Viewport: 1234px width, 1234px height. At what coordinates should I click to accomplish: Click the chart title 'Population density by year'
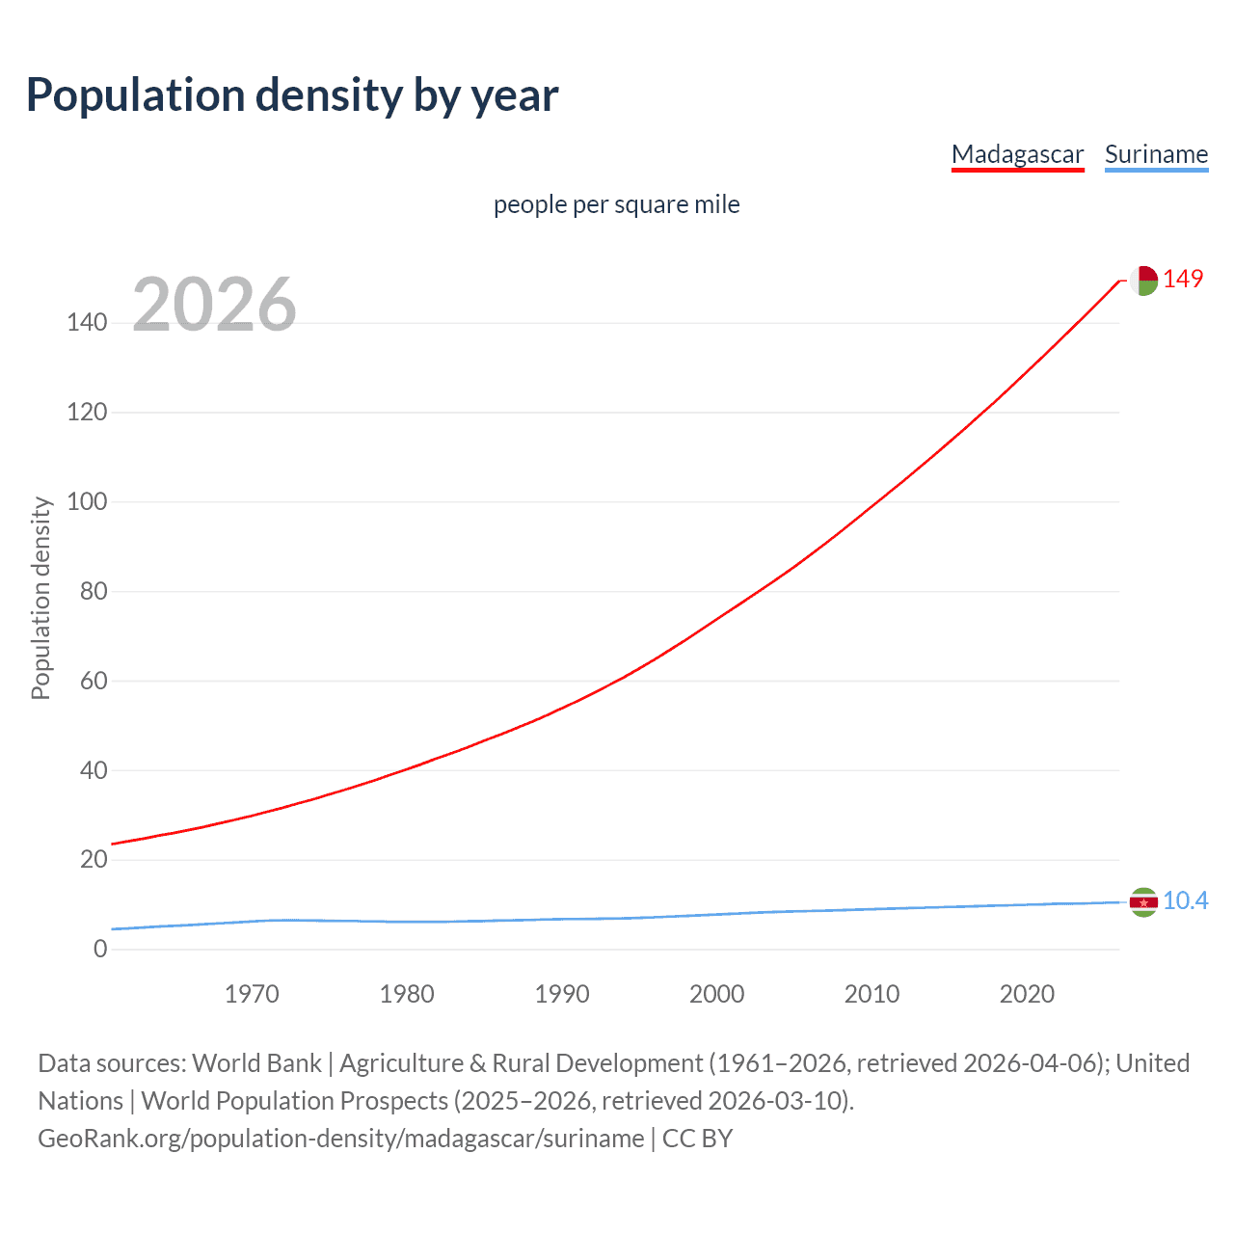pos(292,95)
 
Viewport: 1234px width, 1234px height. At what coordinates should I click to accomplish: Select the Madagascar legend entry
pos(1017,154)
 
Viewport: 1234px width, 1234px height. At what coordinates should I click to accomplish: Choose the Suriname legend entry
pos(1156,154)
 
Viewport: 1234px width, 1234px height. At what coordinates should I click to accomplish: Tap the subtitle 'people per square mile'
pos(616,204)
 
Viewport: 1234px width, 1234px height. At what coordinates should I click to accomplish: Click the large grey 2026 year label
pos(214,305)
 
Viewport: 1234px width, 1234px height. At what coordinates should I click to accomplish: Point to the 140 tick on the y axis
pos(87,322)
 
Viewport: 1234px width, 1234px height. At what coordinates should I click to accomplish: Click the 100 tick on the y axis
pos(87,501)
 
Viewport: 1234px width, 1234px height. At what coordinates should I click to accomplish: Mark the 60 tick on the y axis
pos(94,681)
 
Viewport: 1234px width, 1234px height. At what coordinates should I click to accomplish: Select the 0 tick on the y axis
pos(100,949)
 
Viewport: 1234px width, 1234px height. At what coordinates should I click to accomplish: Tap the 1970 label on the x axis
pos(252,994)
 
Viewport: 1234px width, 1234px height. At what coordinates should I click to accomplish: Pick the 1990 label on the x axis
pos(562,994)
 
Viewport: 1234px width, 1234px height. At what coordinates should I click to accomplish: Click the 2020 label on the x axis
pos(1027,994)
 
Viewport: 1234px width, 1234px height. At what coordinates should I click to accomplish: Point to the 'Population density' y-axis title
pos(40,598)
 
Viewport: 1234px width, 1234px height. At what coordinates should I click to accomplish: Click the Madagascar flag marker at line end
pos(1143,281)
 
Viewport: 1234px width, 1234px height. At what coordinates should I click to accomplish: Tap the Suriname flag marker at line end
pos(1143,902)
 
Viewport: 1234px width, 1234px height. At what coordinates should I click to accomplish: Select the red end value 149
pos(1183,279)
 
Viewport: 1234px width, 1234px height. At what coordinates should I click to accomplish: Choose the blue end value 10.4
pos(1185,900)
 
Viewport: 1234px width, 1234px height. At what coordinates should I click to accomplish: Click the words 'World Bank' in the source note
pos(256,1062)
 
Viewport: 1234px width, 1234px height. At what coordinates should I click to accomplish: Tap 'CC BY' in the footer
pos(697,1138)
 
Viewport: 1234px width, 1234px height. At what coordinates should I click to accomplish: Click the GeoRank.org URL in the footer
pos(340,1138)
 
